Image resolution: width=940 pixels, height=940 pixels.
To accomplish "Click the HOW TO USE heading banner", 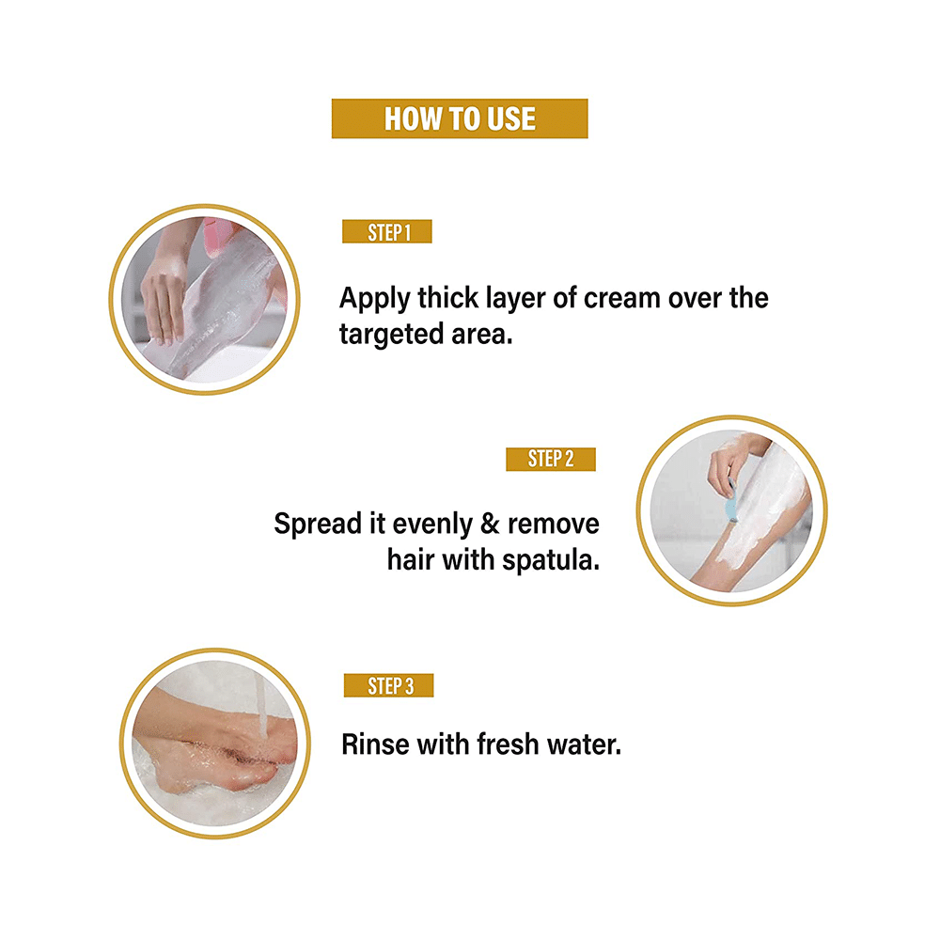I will coord(460,118).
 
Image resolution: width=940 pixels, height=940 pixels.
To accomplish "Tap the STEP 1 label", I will coord(387,232).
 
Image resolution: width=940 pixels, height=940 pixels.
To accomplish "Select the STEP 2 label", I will coord(551,459).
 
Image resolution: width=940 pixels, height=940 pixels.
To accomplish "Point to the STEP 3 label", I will coord(388,686).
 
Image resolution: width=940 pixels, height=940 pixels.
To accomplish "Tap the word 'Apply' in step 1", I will coord(374,300).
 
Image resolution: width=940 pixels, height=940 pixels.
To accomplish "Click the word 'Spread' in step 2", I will coord(317,523).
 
